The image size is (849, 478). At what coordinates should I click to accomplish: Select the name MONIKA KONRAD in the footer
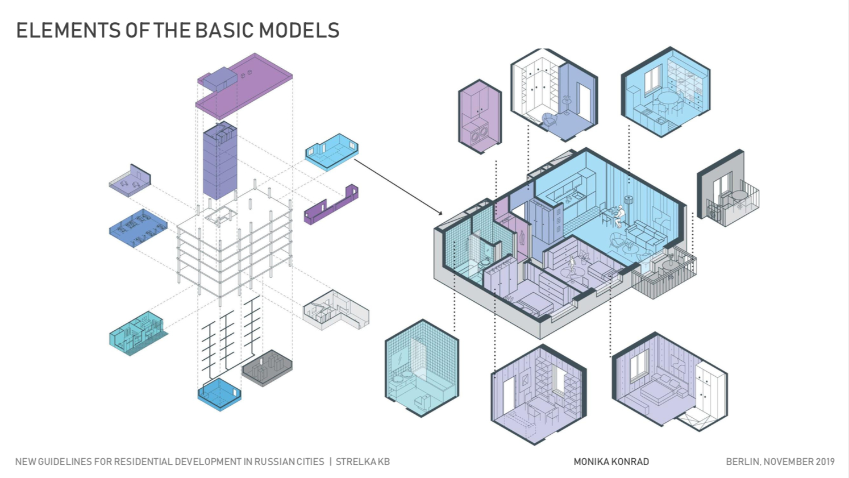tap(611, 462)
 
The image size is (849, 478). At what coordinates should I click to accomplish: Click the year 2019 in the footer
tap(825, 462)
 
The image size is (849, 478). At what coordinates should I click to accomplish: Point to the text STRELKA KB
tap(363, 462)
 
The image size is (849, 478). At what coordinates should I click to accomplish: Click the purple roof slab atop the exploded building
tap(244, 86)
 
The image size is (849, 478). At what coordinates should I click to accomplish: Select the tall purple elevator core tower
tap(220, 161)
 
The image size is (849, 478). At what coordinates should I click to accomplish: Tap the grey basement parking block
tap(267, 368)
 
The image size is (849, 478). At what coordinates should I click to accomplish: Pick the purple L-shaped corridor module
tap(331, 205)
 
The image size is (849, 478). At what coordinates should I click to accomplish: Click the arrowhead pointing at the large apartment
tap(440, 213)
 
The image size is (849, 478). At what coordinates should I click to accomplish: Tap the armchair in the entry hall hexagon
tap(550, 119)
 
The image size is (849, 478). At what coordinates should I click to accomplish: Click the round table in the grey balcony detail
tap(738, 196)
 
